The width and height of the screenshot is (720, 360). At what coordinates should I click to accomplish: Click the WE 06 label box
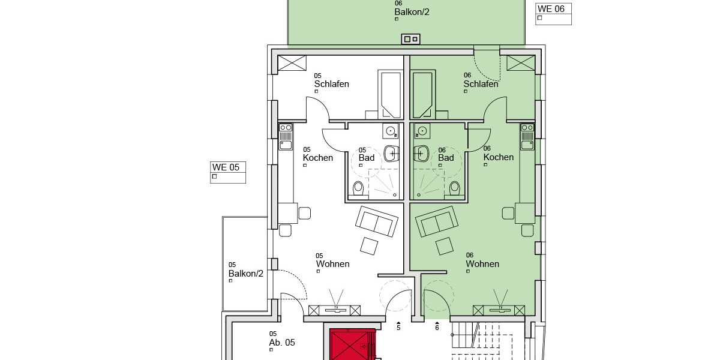[x=553, y=14]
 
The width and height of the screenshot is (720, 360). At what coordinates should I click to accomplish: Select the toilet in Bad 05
[x=359, y=188]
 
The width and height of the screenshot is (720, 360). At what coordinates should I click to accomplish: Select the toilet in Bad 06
[x=454, y=188]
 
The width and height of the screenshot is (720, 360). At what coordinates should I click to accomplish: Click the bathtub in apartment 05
[x=391, y=94]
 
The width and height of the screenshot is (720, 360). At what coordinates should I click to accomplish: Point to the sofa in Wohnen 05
[x=376, y=221]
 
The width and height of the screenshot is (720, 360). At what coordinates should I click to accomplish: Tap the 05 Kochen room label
[x=317, y=157]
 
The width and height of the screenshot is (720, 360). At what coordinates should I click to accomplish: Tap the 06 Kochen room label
[x=498, y=157]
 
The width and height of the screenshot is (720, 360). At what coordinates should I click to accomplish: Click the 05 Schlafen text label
[x=331, y=84]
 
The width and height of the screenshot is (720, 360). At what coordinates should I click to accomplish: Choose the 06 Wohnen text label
[x=482, y=263]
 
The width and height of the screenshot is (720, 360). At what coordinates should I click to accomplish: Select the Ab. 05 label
[x=282, y=343]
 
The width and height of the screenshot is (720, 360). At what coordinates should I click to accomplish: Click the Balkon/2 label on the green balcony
[x=412, y=11]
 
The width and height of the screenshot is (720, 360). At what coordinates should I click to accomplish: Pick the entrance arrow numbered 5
[x=398, y=326]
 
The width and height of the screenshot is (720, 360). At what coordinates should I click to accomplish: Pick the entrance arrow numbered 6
[x=437, y=326]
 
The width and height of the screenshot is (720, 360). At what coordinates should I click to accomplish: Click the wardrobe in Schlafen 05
[x=292, y=62]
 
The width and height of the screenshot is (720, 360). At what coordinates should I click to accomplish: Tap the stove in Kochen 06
[x=527, y=128]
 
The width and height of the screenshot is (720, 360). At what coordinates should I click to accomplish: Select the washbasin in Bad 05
[x=391, y=154]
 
